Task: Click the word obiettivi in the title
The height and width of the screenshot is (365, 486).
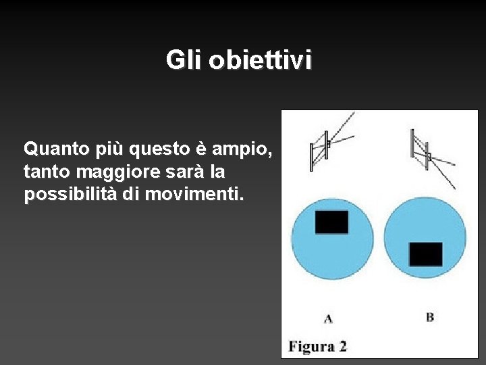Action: click(x=261, y=61)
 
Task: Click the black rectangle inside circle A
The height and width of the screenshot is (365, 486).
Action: click(x=331, y=222)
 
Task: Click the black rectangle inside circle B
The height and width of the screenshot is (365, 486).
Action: click(x=425, y=254)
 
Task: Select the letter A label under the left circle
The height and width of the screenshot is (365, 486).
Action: click(x=328, y=317)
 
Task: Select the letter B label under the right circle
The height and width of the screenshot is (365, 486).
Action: click(x=430, y=316)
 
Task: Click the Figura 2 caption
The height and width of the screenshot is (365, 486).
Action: click(x=317, y=347)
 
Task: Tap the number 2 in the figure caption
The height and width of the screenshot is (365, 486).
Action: click(x=342, y=347)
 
